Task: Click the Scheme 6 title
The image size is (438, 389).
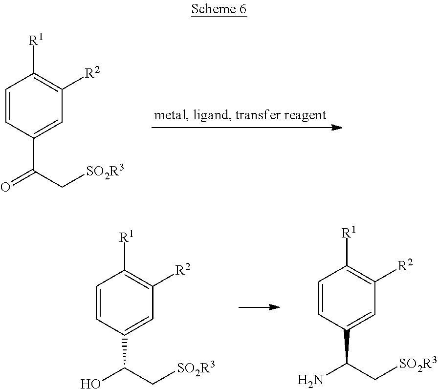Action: click(x=219, y=9)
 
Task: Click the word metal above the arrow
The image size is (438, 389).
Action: click(x=167, y=115)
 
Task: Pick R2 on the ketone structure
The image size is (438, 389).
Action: click(x=93, y=74)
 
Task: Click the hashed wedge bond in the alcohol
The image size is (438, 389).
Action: click(x=126, y=348)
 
